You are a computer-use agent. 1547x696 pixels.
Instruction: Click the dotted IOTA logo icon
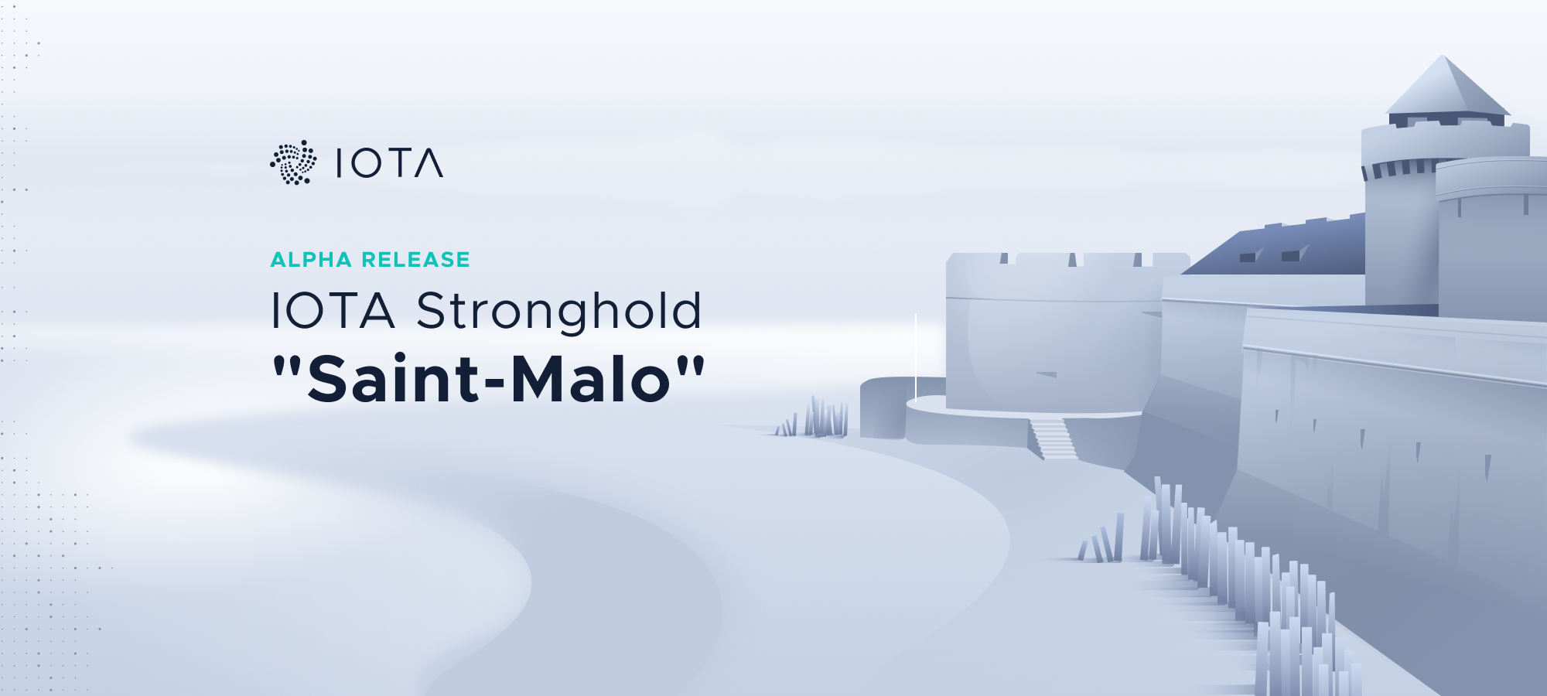point(293,162)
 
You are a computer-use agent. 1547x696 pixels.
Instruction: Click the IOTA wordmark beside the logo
point(390,163)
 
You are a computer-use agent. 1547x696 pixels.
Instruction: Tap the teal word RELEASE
point(415,260)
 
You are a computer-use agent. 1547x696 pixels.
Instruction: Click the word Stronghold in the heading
point(559,312)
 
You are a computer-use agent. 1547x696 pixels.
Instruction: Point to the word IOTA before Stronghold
point(333,310)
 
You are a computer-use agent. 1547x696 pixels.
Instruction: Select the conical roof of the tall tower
point(1446,85)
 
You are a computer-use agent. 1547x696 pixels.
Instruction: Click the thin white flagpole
point(916,357)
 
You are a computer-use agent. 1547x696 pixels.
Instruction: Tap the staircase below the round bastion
point(1053,438)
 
